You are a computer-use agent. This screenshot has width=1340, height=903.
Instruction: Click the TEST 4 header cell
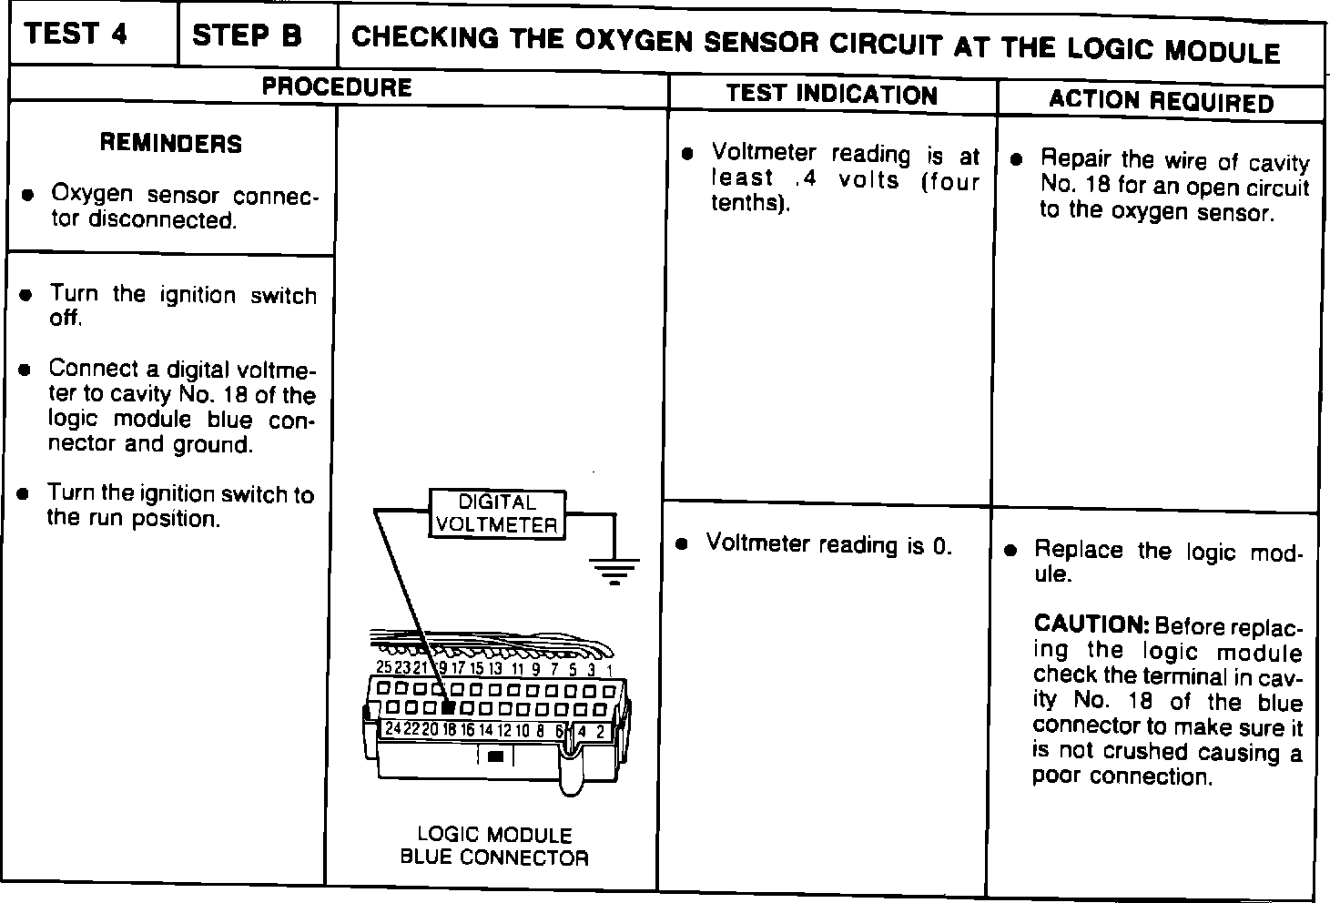(x=76, y=36)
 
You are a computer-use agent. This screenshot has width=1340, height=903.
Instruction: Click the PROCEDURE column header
(x=337, y=87)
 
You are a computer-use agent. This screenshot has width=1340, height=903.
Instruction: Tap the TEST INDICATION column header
(x=831, y=95)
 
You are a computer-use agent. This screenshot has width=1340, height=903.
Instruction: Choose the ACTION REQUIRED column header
(x=1161, y=101)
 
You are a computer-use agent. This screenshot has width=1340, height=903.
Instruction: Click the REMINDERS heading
(x=171, y=144)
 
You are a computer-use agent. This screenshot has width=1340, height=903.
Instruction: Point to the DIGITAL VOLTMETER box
(x=496, y=514)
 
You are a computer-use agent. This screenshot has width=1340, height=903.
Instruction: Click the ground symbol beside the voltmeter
(x=614, y=572)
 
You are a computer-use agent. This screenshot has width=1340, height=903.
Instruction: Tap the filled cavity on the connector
(x=448, y=707)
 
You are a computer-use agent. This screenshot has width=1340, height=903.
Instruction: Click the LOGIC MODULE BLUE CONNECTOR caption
(x=494, y=847)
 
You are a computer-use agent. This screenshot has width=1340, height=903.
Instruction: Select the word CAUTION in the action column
(x=1091, y=625)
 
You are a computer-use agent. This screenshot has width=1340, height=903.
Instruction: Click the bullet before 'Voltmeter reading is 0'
(x=682, y=544)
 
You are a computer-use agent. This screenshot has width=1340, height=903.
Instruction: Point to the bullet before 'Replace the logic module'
(x=1010, y=551)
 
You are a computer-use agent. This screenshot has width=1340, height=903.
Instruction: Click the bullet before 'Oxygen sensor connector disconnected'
(x=29, y=196)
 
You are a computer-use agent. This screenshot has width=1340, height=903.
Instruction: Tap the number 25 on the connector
(x=383, y=668)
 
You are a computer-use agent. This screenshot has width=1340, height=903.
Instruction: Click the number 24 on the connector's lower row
(x=393, y=729)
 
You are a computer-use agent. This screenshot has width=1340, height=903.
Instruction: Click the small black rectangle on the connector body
(x=496, y=756)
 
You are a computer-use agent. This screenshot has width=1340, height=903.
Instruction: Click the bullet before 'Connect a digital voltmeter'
(x=26, y=370)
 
